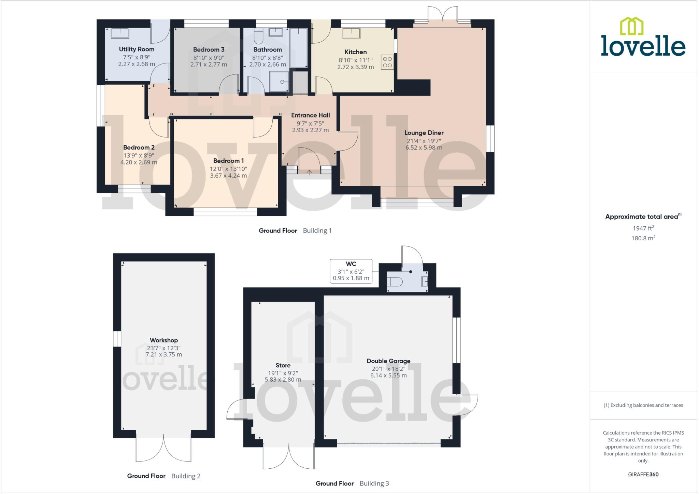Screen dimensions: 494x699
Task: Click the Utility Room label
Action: pos(137,49)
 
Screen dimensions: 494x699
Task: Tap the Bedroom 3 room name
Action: pos(209,50)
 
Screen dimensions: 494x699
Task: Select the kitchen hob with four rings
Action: pos(387,62)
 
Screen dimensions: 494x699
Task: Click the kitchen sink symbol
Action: pos(352,33)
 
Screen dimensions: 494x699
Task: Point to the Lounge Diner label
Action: pos(424,133)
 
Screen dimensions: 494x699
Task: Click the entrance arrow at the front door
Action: pos(309,172)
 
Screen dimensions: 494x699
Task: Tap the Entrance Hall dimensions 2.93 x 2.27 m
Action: pos(310,130)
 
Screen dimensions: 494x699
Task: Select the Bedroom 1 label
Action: pos(228,161)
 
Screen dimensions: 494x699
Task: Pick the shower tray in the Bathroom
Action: pos(279,82)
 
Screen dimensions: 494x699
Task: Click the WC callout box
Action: pos(351,271)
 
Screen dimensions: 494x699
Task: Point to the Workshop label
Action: pos(164,340)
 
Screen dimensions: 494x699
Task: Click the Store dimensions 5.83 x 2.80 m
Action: pos(283,379)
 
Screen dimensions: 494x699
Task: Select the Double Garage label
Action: pos(388,361)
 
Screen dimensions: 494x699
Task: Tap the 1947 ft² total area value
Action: pos(643,228)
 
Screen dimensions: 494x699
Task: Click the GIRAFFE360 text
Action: pos(643,474)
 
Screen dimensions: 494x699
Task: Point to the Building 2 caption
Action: pos(186,476)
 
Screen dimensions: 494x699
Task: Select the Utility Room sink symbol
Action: pos(120,33)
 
